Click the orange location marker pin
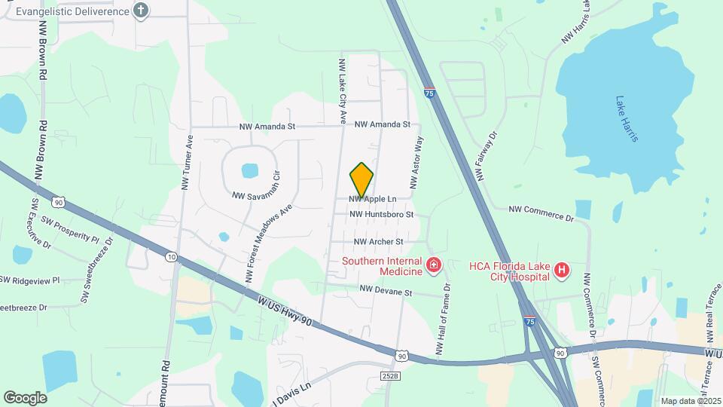click(x=361, y=179)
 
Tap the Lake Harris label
click(x=627, y=118)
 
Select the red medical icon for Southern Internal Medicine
click(x=433, y=265)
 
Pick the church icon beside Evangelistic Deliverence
click(x=140, y=10)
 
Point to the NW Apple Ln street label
click(x=372, y=199)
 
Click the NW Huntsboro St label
click(x=382, y=215)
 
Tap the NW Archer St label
click(x=379, y=242)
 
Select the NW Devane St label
click(x=386, y=290)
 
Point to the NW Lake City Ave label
click(x=342, y=91)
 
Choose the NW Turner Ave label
click(x=188, y=162)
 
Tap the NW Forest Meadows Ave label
click(x=267, y=245)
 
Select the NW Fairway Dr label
click(x=487, y=156)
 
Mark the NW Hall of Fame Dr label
click(x=443, y=318)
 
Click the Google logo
click(x=25, y=397)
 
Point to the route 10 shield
click(x=172, y=258)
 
